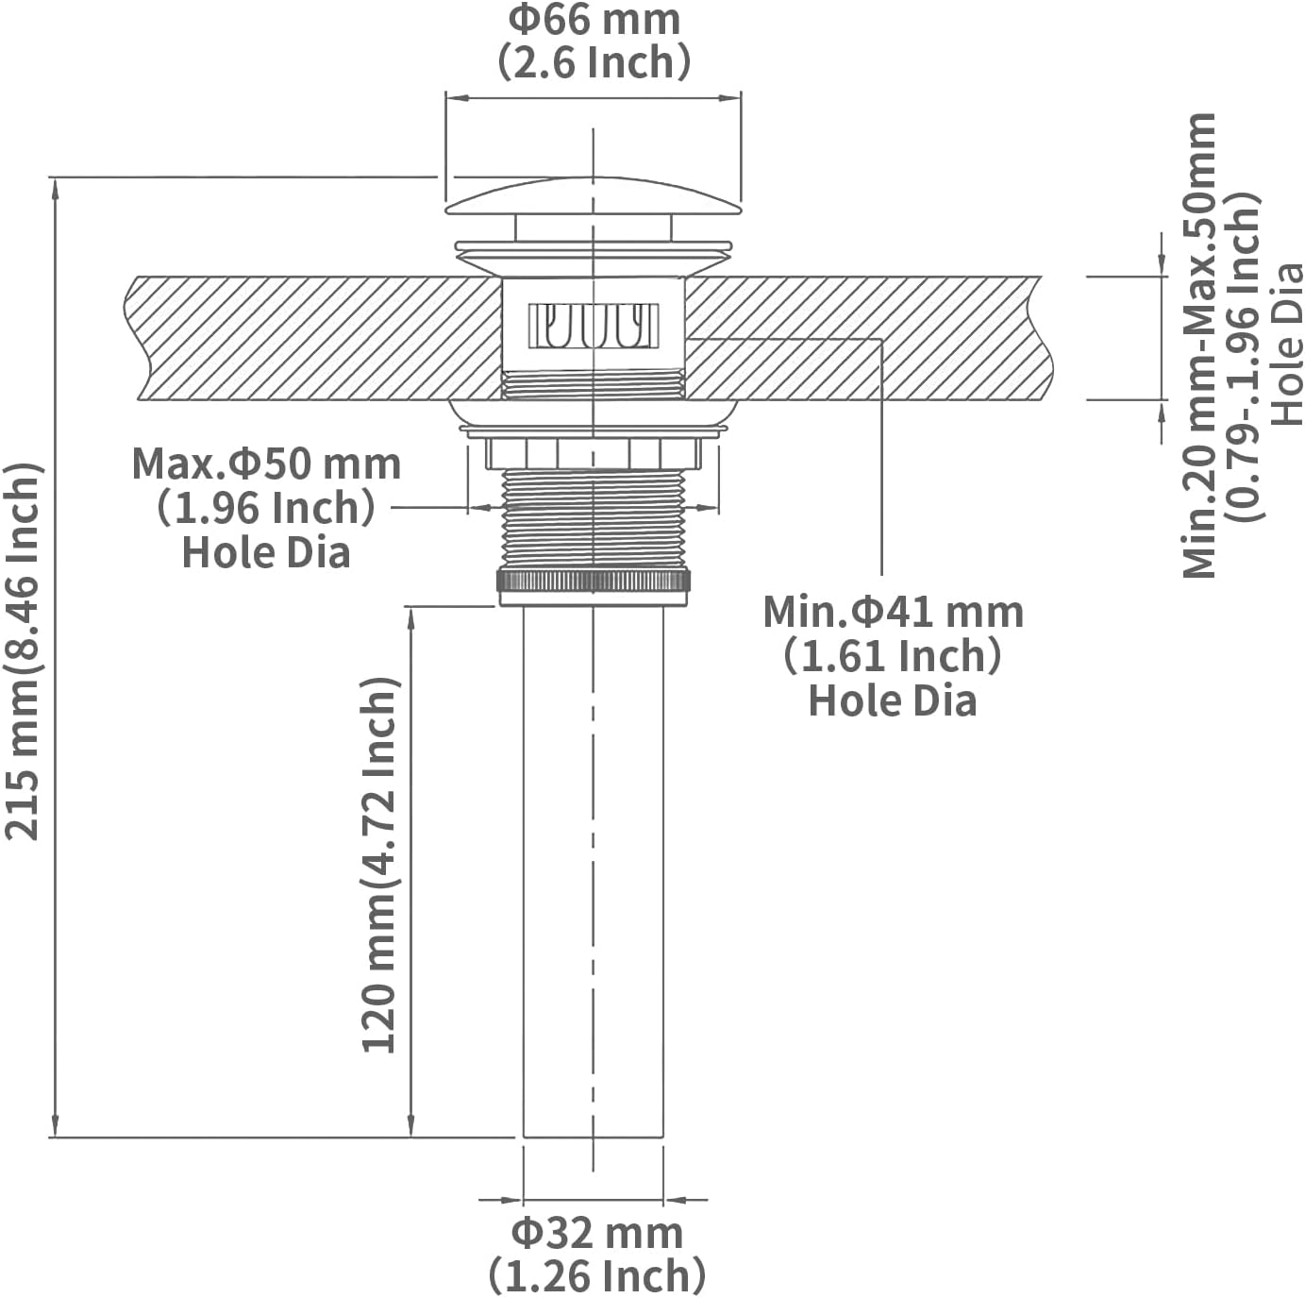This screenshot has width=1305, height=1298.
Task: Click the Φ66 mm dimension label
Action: coord(594,20)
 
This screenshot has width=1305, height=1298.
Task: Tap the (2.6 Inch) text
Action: coord(594,62)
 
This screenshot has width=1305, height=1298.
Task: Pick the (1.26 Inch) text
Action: coord(597,1275)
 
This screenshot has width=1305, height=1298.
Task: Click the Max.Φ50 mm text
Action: coord(266,464)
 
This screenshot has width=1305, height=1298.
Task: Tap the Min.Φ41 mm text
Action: coord(894,612)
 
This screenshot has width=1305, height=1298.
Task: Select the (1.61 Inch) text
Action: coord(893,656)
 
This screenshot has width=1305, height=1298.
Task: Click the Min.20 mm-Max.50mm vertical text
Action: coord(1198,346)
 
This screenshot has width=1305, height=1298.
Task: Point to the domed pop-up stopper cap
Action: coord(594,196)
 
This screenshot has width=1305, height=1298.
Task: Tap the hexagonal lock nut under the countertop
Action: coord(594,453)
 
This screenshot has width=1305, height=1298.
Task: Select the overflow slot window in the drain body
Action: coord(594,327)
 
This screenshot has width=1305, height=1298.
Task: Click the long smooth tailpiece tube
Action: coord(594,871)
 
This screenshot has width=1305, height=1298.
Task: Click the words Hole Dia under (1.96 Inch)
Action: coord(266,552)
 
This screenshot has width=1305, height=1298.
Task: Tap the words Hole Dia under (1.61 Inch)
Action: coord(893,700)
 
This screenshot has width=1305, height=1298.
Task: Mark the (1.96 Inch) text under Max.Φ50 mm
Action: coord(266,509)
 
